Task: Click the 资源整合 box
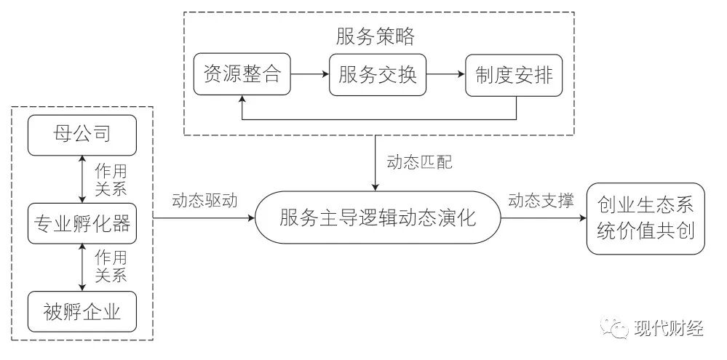point(242,74)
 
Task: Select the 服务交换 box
point(378,74)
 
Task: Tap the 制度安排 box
point(514,74)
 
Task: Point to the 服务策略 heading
point(376,36)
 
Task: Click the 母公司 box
point(82,135)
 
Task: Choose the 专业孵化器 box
point(82,224)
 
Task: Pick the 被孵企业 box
point(82,313)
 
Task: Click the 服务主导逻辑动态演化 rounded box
point(378,216)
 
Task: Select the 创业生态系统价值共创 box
point(645,218)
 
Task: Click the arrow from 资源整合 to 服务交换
point(310,74)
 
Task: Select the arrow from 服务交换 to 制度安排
point(446,74)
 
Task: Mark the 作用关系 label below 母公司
point(111,179)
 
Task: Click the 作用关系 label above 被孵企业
point(111,267)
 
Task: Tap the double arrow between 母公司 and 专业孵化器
point(82,179)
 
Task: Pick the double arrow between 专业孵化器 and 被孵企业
point(82,268)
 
